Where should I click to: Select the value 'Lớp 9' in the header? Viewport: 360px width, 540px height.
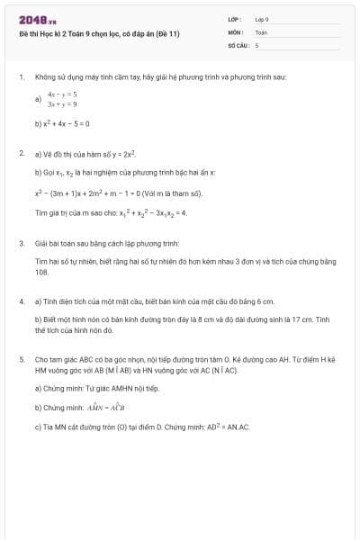coord(262,19)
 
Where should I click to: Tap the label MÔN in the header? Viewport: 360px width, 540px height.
coord(235,31)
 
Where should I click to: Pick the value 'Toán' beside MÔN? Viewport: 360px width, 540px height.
coord(261,31)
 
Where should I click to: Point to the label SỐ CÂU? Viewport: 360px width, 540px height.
coord(238,44)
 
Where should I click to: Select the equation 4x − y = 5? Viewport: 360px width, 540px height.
coord(62,94)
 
